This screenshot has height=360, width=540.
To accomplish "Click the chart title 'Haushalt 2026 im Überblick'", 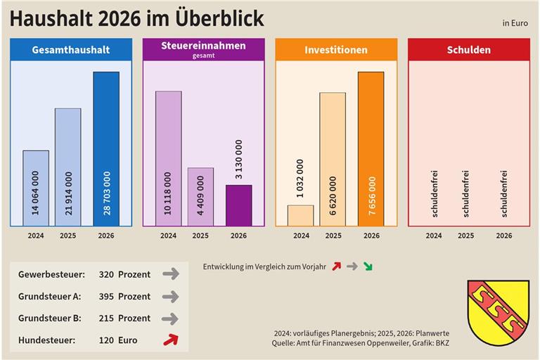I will [136, 18].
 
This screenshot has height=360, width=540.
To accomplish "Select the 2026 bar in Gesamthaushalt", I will [106, 148].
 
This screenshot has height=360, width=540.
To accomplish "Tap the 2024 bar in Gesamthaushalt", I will [36, 188].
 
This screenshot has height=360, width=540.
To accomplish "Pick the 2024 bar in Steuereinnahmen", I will [168, 158].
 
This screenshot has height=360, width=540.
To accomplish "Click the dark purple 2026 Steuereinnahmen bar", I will [238, 205].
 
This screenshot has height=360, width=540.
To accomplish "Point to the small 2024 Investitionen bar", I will [301, 215].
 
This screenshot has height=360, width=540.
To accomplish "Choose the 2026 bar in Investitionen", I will [371, 148].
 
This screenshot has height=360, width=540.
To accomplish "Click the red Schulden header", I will [468, 50].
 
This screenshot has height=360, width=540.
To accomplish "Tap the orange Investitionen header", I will [335, 50].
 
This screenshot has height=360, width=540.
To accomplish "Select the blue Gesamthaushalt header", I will [70, 50].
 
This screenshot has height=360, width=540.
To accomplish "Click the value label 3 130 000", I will [238, 161].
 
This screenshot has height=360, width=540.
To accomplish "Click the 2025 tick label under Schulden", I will [465, 236].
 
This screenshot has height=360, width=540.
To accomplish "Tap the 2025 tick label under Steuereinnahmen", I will [200, 236].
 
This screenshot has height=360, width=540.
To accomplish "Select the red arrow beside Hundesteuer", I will [170, 340].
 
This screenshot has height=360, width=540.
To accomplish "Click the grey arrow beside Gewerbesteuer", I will [170, 274].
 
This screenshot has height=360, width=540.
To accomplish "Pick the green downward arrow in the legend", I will [368, 266].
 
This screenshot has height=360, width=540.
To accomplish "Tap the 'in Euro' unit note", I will [515, 22].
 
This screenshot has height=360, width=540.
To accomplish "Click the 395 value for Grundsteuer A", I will [106, 296].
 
